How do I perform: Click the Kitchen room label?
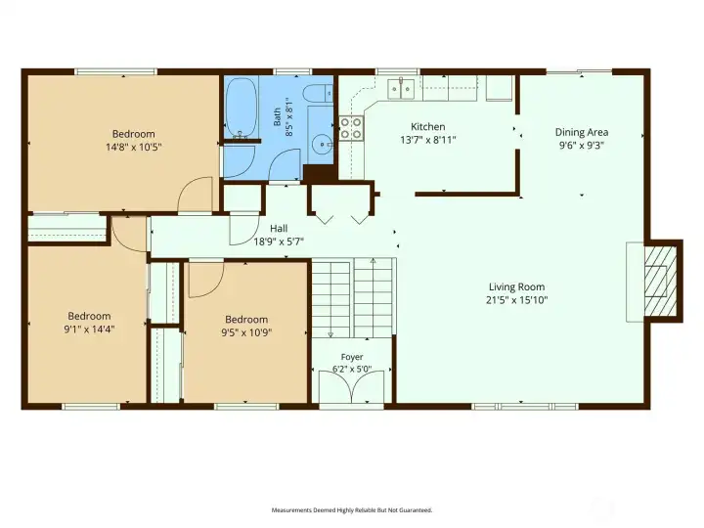point(428,126)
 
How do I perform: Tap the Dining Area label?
point(582,132)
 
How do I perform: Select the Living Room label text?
point(516,286)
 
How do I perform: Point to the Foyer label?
point(352,357)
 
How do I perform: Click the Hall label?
point(279,228)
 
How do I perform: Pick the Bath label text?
point(277,116)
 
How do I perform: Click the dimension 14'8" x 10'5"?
point(134,147)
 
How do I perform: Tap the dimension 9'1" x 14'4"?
point(89,330)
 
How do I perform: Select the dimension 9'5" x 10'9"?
point(246,332)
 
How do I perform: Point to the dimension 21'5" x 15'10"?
point(517,300)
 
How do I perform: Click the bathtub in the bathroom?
point(241,108)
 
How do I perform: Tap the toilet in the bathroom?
point(317,94)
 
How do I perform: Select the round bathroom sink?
point(322,144)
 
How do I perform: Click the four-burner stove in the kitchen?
point(351,128)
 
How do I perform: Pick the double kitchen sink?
point(401,88)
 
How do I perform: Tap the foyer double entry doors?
point(352,387)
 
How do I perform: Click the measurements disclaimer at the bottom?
point(352,510)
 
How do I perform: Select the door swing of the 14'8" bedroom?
point(195,194)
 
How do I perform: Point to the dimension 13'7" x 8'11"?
point(428,140)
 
